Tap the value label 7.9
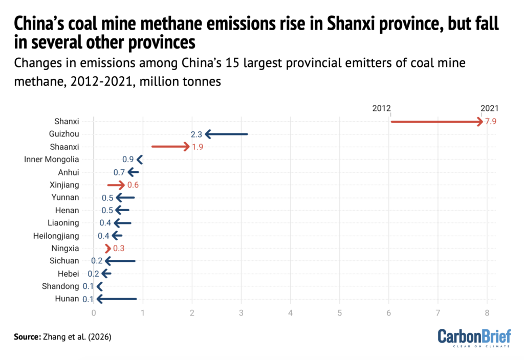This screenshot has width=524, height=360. tap(491, 122)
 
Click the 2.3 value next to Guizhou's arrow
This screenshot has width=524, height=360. tap(196, 134)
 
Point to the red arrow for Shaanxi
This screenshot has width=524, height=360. tap(171, 147)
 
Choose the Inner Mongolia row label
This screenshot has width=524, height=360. tap(52, 160)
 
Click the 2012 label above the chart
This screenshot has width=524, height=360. tap(382, 108)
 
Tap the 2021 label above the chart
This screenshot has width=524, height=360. tap(489, 108)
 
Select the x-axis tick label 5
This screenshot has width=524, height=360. tap(340, 312)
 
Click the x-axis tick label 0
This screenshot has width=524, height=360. tap(94, 312)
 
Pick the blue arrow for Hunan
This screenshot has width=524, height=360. tap(117, 299)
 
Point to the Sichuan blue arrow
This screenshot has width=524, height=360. tap(120, 261)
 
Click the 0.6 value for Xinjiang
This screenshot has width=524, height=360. tap(133, 185)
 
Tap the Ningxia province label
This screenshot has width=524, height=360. tap(65, 249)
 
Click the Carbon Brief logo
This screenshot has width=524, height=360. tap(474, 338)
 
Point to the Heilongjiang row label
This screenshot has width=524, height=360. tap(56, 236)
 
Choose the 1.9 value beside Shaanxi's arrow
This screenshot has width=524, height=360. tap(198, 147)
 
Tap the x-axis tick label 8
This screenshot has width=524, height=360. tap(487, 312)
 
